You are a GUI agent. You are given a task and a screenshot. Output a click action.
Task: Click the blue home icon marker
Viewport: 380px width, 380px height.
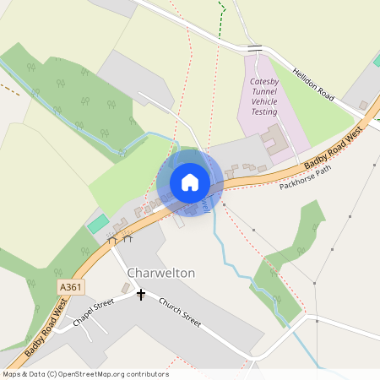click(x=190, y=182)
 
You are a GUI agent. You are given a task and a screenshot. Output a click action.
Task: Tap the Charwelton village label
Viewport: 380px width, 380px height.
click(x=161, y=274)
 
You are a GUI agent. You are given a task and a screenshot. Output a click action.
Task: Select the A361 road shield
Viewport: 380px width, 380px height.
click(x=71, y=288)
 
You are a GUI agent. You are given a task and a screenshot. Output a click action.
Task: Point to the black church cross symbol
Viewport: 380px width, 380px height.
click(x=141, y=295)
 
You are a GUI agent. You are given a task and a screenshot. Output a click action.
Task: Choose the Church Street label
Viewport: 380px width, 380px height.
click(x=180, y=312)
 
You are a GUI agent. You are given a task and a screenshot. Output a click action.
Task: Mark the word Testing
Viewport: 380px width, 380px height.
click(x=264, y=111)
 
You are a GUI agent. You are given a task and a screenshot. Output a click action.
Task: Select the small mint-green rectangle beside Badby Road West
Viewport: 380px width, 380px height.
click(x=98, y=224)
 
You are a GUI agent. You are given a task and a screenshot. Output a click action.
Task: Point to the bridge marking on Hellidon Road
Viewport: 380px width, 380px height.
click(x=255, y=47)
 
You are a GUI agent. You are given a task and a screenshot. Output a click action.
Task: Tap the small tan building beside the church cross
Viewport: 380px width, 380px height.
click(x=126, y=289)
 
